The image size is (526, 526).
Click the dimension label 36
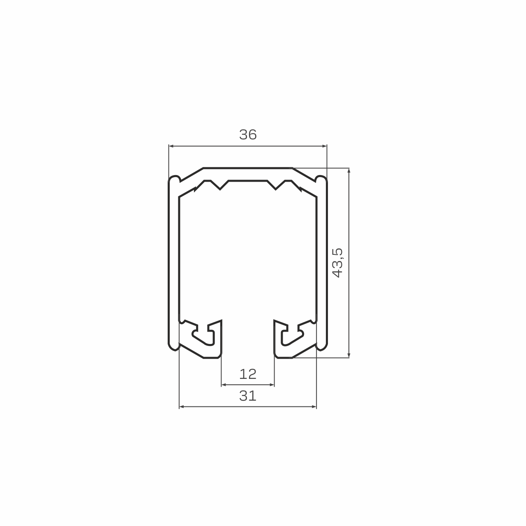pyautogui.click(x=248, y=134)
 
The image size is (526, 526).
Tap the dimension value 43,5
pyautogui.click(x=338, y=263)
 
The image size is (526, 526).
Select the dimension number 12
pyautogui.click(x=248, y=374)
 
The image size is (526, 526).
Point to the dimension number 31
pyautogui.click(x=248, y=396)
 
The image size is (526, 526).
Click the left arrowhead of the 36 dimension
pyautogui.click(x=171, y=146)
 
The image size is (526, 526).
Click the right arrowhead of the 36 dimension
pyautogui.click(x=325, y=146)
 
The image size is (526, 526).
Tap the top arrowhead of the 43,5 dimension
pyautogui.click(x=349, y=171)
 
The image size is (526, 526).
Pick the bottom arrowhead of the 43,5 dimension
pyautogui.click(x=349, y=355)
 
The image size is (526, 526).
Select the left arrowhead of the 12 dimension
pyautogui.click(x=224, y=385)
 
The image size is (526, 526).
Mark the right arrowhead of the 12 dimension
pyautogui.click(x=272, y=385)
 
